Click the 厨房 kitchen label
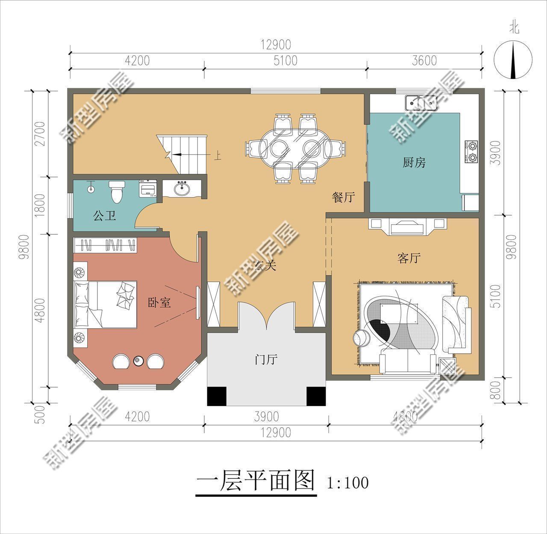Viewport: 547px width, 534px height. (x=414, y=162)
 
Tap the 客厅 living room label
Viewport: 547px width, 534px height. (x=409, y=258)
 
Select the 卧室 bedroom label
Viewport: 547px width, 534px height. (x=159, y=303)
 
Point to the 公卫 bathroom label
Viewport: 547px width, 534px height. (x=104, y=216)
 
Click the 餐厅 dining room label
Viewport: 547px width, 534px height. (x=344, y=197)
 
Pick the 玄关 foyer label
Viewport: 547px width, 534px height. (x=265, y=266)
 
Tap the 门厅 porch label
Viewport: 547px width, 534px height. (x=266, y=360)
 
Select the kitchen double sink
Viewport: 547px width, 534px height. (x=421, y=102)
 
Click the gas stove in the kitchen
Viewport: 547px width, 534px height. (x=472, y=152)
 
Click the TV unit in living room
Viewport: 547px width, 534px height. (x=408, y=226)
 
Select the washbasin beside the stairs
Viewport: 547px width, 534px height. (x=184, y=188)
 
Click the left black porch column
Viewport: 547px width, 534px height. (x=216, y=396)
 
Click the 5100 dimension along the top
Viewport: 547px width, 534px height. (x=285, y=61)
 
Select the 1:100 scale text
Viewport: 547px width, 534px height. (x=347, y=483)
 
